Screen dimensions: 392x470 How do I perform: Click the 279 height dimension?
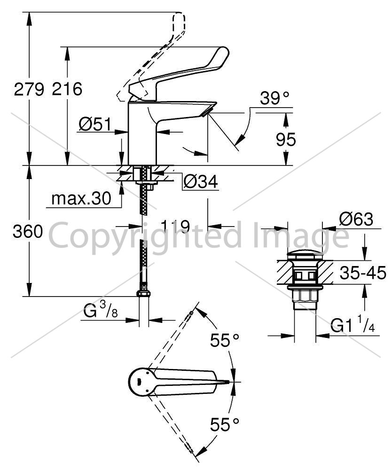pos(29,89)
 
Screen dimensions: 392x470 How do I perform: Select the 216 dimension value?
pos(67,89)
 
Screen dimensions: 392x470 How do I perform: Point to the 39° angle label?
pos(274,98)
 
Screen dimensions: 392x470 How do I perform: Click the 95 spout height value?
pos(286,140)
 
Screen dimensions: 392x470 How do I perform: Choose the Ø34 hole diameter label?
pos(201,181)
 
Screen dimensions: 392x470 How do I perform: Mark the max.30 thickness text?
pos(81,198)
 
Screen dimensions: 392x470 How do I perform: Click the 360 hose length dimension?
pos(28,231)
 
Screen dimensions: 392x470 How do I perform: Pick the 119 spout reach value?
pos(175,227)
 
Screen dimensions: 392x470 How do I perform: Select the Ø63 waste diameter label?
pos(356,219)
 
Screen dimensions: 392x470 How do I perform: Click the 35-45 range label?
pos(363,273)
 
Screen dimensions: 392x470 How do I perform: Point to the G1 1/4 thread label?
pos(353,325)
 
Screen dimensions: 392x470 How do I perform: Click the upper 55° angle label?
pos(225,340)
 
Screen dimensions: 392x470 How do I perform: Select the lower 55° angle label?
pos(225,424)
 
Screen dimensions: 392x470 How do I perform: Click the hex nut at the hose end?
pos(143,293)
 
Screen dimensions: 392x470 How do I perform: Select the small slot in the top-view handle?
pos(139,382)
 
